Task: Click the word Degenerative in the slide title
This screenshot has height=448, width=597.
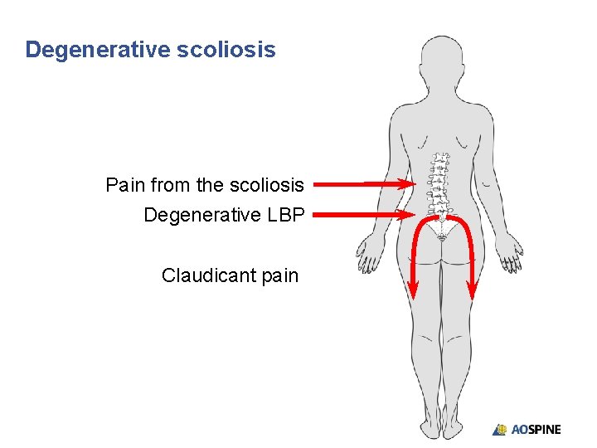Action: [x=97, y=50]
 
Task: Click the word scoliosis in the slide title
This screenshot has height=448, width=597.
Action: [x=226, y=50]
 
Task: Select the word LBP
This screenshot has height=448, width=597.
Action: [x=286, y=215]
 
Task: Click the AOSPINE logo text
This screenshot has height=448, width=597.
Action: [x=536, y=430]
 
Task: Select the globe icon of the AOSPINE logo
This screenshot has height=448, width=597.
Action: [x=500, y=430]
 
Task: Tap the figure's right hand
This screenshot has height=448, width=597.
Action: [x=515, y=253]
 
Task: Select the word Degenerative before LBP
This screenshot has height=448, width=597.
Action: [x=201, y=215]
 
